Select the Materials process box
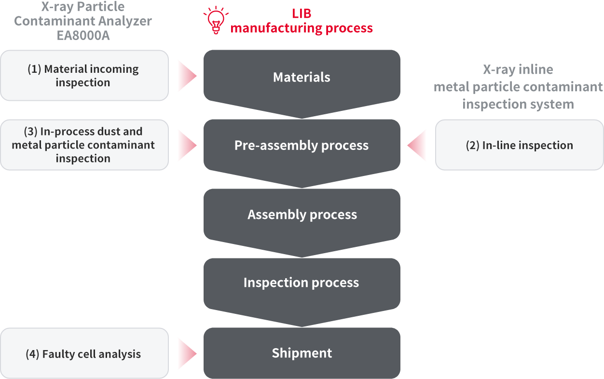pos(302,77)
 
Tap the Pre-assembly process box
pos(302,146)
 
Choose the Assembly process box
pos(302,215)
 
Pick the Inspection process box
pos(302,283)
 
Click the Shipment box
pos(302,353)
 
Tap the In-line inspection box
pos(519,145)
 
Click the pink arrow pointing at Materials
pos(187,76)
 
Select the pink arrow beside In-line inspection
pos(417,145)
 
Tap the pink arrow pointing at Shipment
pos(187,353)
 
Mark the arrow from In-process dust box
pos(187,145)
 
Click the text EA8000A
pos(82,35)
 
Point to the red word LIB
pos(302,13)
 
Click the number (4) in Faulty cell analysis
pos(32,354)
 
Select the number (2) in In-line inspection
pos(473,146)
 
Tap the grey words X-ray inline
pos(518,70)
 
